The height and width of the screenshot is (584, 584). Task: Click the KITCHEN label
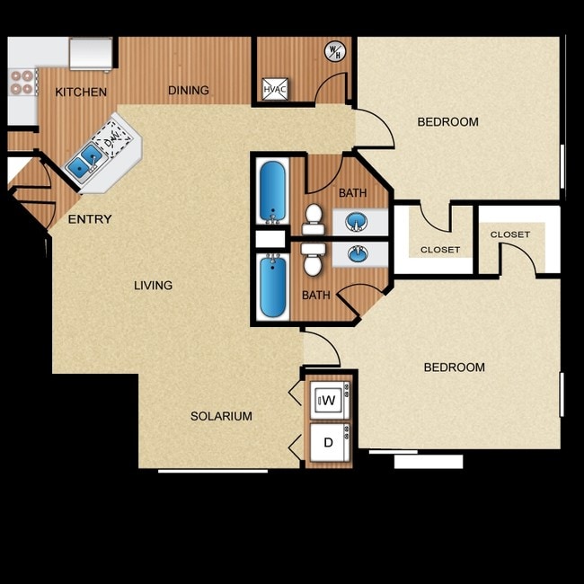click(81, 92)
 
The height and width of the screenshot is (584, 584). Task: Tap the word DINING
click(189, 90)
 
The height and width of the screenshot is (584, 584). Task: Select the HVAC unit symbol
click(274, 89)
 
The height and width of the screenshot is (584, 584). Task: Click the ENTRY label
click(90, 218)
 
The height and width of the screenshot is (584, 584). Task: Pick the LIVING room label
click(153, 286)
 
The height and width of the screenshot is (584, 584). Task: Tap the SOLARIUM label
click(221, 416)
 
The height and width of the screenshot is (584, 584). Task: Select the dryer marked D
click(329, 443)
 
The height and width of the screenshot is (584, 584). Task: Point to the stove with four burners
click(21, 82)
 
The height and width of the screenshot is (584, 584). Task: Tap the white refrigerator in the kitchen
click(91, 53)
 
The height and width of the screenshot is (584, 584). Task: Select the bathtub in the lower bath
click(271, 286)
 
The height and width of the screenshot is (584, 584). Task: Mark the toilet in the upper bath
click(314, 216)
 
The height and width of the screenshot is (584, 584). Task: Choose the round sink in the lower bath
click(358, 254)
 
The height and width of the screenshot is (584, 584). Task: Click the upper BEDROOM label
click(447, 122)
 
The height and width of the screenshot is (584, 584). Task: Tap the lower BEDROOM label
click(454, 367)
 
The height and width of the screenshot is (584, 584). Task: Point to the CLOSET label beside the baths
click(440, 250)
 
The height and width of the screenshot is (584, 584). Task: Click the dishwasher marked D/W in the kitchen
click(113, 139)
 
